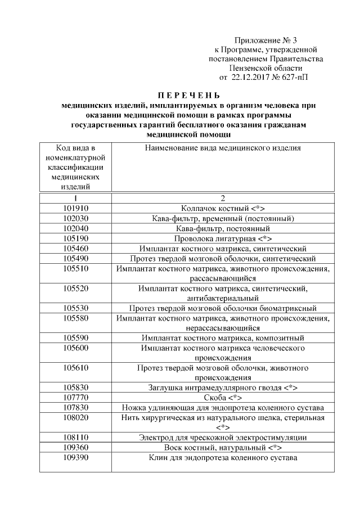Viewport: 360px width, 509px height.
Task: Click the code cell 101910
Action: pyautogui.click(x=75, y=208)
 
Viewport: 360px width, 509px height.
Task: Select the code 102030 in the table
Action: pyautogui.click(x=75, y=218)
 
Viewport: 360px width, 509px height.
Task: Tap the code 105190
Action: pyautogui.click(x=75, y=238)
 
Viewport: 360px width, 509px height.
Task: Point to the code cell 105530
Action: pyautogui.click(x=75, y=308)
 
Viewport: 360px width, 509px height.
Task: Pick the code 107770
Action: pyautogui.click(x=75, y=397)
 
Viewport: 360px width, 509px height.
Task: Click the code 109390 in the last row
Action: pyautogui.click(x=75, y=458)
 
